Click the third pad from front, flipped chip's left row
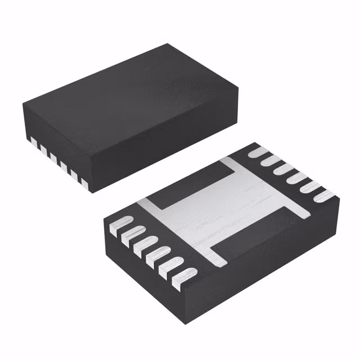pyautogui.click(x=156, y=256)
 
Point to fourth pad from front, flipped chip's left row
pyautogui.click(x=144, y=244)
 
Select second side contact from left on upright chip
pyautogui.click(x=42, y=147)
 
